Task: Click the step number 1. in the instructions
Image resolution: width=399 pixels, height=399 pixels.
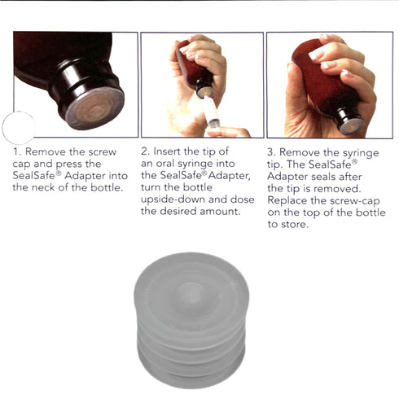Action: click(x=17, y=152)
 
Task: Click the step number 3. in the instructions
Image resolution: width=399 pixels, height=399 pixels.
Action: click(x=272, y=152)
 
